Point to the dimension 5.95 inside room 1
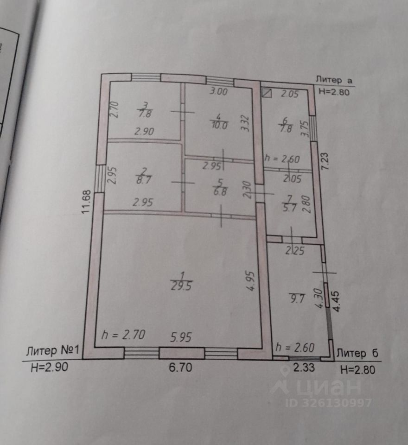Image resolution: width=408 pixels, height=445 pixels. coord(180,336)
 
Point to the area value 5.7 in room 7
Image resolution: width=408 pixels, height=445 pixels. coord(291,207)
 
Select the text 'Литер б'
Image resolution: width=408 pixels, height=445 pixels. coord(357,353)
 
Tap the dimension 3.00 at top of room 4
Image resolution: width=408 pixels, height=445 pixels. coord(219,91)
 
